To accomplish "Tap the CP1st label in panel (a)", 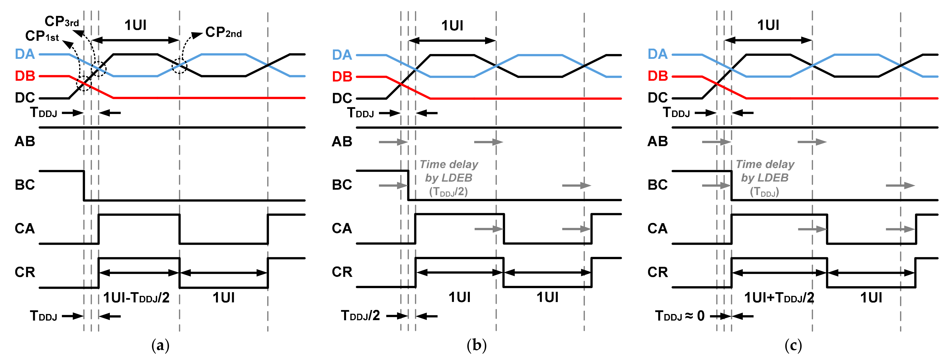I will point(42,36).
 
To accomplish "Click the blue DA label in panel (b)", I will point(342,55).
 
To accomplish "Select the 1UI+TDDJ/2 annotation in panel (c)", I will point(779,298).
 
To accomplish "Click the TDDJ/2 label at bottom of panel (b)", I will point(360,316).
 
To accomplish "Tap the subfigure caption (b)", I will point(477,346).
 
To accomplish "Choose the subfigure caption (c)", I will point(793,346).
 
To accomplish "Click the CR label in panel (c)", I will point(657,272).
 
